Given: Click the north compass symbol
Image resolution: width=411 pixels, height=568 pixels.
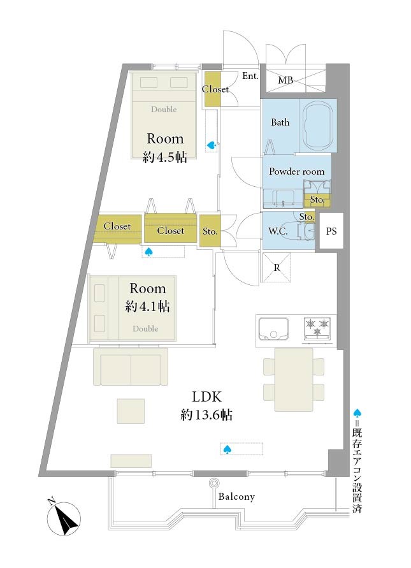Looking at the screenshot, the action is [x=64, y=518].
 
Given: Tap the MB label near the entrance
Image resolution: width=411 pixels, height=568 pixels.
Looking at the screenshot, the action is [x=285, y=80].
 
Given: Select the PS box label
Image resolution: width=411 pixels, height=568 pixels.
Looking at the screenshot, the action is [x=331, y=231].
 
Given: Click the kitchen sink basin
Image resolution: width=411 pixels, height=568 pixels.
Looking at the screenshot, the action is [x=274, y=330].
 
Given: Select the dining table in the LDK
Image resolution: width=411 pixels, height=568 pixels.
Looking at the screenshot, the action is [x=293, y=380].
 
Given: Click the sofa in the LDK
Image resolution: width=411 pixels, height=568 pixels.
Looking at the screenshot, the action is [x=131, y=367].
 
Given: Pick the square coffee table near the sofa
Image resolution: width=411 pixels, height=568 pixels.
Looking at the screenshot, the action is [x=131, y=411].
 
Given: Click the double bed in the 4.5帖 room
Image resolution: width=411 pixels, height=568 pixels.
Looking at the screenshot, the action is [x=164, y=115].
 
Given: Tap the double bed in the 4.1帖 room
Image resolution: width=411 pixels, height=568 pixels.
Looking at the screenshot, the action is [x=133, y=308].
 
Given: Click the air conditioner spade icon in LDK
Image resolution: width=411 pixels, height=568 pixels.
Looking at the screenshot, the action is [x=227, y=449].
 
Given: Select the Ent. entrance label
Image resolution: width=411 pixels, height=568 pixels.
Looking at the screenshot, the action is [x=250, y=76].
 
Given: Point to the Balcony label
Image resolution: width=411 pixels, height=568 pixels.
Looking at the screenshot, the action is [x=236, y=497].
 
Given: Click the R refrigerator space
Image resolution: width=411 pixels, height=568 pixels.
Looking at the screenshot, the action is [x=277, y=267].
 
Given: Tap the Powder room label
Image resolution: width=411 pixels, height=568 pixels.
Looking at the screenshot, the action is [x=296, y=171].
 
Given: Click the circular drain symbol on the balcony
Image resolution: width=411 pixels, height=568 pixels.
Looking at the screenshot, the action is [x=213, y=483].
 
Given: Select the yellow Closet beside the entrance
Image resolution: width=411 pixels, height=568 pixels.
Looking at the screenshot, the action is [x=213, y=89].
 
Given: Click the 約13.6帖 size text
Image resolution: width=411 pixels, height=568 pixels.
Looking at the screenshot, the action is [x=206, y=415].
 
